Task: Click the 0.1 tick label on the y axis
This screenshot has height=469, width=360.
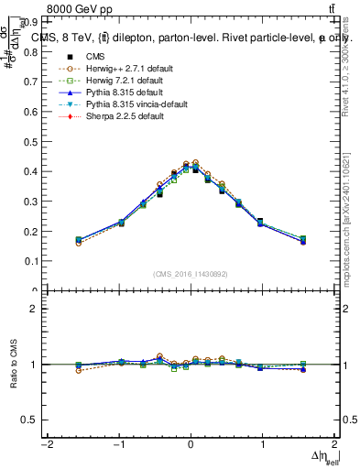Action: pyautogui.click(x=30, y=261)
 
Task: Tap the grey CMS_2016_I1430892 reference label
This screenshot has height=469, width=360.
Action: pyautogui.click(x=190, y=274)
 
